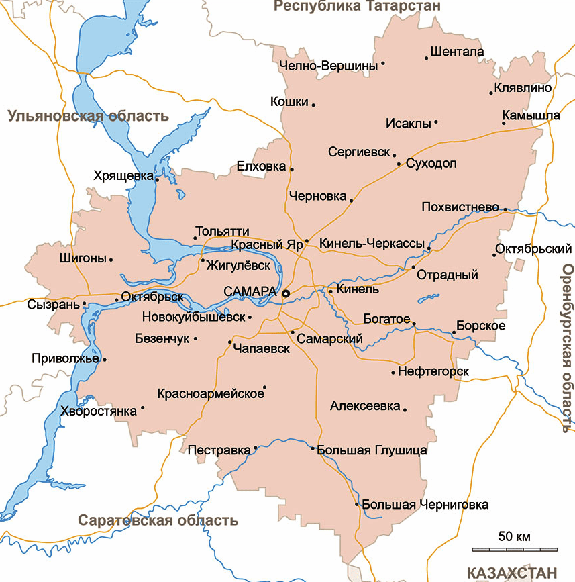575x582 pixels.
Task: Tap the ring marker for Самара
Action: tap(285, 293)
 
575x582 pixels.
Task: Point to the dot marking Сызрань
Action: tap(84, 305)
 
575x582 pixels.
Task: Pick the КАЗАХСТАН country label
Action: tap(512, 573)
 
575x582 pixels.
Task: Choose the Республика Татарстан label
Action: tap(358, 7)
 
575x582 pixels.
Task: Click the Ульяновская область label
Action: tap(88, 116)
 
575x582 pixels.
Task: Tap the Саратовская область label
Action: tap(158, 520)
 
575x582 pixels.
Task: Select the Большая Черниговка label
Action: tap(425, 505)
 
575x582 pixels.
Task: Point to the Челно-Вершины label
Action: tap(328, 66)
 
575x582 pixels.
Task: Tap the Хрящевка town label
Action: tap(123, 175)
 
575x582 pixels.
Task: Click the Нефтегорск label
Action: tap(433, 371)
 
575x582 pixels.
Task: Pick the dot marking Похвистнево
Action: tap(505, 209)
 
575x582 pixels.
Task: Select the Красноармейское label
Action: tap(211, 393)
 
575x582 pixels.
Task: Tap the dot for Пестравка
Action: tap(256, 448)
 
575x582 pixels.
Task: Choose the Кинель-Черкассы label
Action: tap(372, 243)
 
